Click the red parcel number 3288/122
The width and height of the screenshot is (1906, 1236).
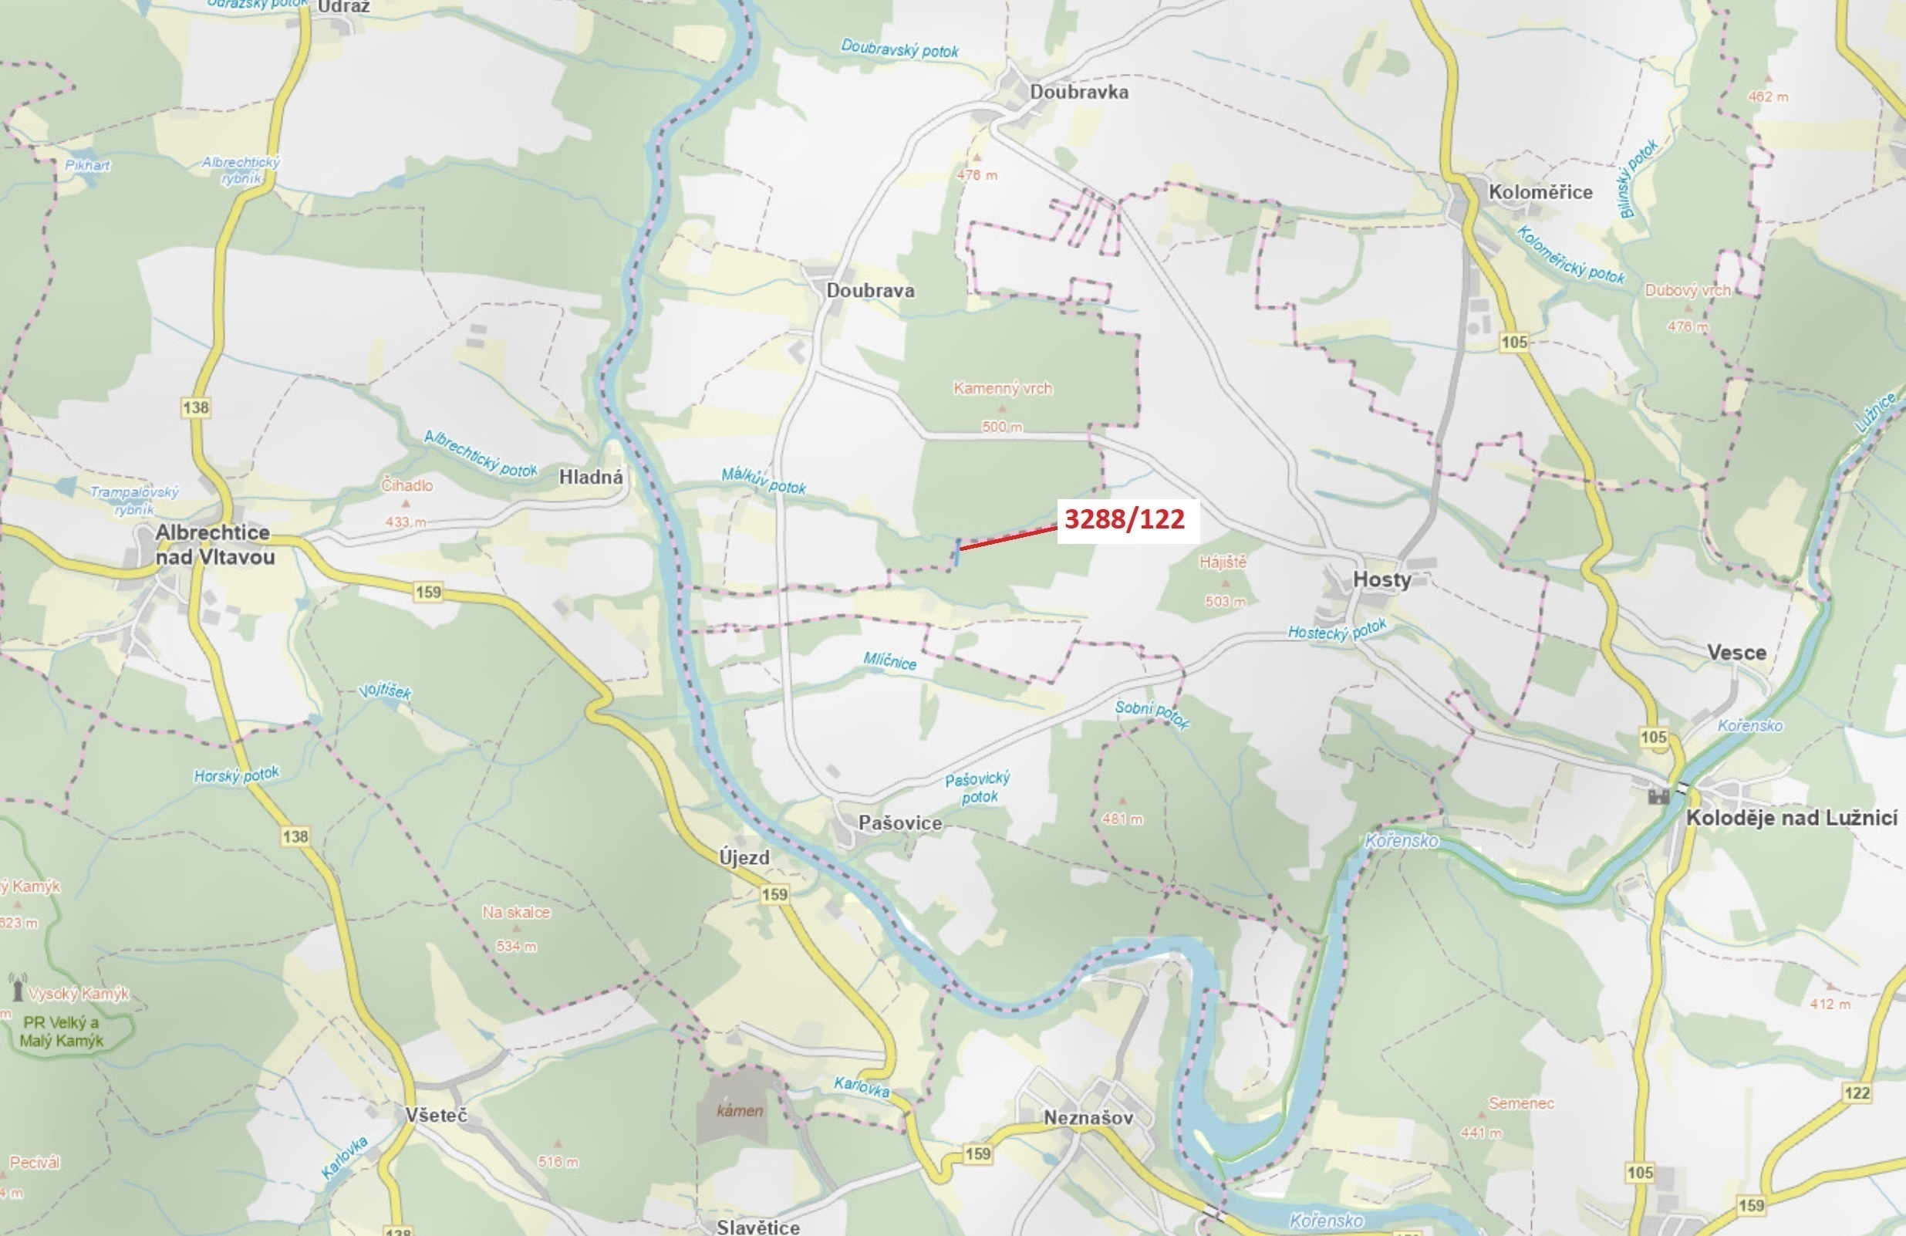coord(1125,520)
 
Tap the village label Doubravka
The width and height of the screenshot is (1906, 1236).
coord(1079,92)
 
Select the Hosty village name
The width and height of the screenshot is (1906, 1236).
coord(1381,579)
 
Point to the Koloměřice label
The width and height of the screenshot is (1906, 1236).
coord(1540,192)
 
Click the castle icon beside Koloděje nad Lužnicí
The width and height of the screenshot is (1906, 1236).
coord(1658,795)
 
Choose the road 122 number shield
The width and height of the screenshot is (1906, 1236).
coord(1857,1092)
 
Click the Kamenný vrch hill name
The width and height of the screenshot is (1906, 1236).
coord(1003,389)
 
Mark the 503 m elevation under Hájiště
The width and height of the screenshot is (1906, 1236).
coord(1225,601)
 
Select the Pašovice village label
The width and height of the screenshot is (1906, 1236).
coord(900,822)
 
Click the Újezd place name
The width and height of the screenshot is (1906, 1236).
coord(744,858)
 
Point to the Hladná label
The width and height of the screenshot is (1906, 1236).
coord(591,478)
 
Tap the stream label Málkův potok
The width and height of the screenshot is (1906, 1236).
coord(763,481)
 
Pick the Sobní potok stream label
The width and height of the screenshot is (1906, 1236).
coord(1152,714)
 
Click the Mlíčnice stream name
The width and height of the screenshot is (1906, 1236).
coord(889,661)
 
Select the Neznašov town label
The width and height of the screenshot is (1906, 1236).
coord(1088,1117)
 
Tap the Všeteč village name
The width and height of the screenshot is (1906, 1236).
coord(436,1115)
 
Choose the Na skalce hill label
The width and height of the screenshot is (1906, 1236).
coord(516,913)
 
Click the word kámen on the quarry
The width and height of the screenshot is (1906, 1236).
coord(739,1111)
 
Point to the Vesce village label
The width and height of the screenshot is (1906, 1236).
coord(1736,653)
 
